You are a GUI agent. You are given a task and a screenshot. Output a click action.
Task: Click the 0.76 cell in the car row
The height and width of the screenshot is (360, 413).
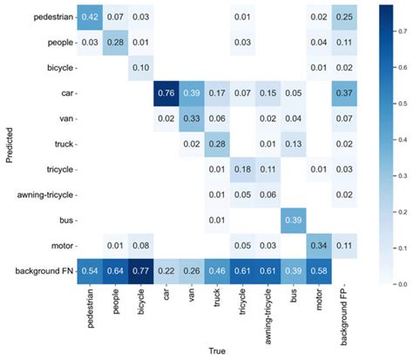click(x=165, y=92)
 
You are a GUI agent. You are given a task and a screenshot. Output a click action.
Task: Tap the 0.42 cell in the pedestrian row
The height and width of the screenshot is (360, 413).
click(x=88, y=17)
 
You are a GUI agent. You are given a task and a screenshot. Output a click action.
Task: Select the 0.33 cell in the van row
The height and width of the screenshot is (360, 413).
click(x=190, y=118)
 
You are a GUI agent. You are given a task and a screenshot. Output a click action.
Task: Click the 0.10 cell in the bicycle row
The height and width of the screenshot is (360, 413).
click(x=139, y=67)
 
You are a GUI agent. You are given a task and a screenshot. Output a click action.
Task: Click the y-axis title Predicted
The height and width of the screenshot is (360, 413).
click(x=8, y=144)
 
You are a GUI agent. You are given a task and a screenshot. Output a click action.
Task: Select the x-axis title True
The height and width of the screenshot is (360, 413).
click(x=215, y=351)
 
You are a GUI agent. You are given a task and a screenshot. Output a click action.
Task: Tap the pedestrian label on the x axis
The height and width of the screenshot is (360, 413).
click(x=88, y=309)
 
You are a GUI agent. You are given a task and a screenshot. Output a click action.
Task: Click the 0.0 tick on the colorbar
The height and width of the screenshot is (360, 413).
click(x=402, y=283)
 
